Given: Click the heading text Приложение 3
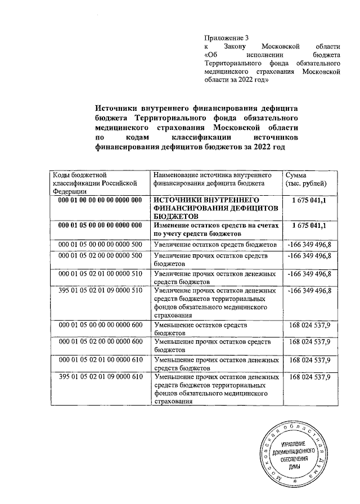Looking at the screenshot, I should tap(224, 38).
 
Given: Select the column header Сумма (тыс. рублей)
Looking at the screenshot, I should tap(304, 179).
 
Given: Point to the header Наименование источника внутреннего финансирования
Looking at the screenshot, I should tap(217, 179).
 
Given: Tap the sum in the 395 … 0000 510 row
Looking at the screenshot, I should tap(309, 291).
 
